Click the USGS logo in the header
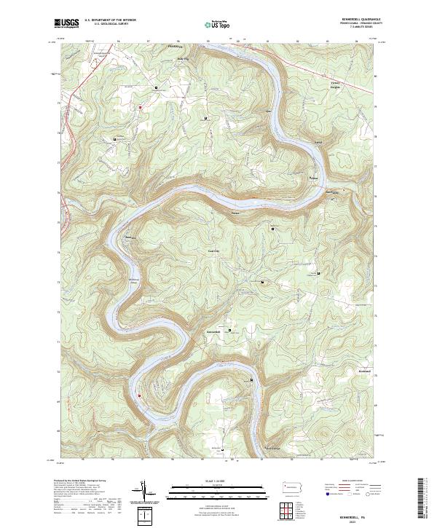coord(66,24)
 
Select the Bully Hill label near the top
coord(182,59)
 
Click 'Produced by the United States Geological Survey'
coord(80,481)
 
